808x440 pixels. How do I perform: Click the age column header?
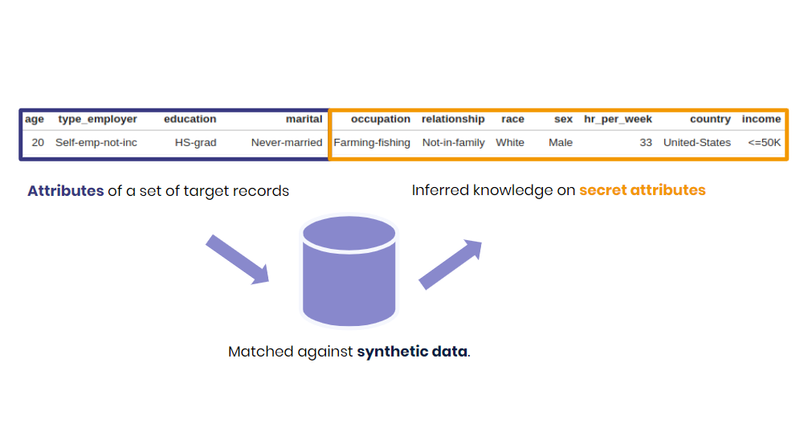[x=35, y=119]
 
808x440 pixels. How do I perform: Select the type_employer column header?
[x=97, y=119]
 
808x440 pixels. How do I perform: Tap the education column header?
[x=190, y=119]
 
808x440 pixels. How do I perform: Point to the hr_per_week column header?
[x=618, y=119]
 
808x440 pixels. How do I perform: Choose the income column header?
[x=761, y=119]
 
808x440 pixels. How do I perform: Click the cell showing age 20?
[x=38, y=142]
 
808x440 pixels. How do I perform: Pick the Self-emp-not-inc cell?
[x=96, y=142]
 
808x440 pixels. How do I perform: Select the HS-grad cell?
[x=195, y=142]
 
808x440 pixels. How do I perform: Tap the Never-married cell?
[x=286, y=142]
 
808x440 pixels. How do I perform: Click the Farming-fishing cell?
[x=372, y=142]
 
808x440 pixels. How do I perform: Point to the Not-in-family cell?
[x=453, y=142]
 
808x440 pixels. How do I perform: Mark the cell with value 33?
[x=646, y=142]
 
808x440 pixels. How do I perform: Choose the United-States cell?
[x=697, y=142]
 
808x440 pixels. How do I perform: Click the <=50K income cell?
[x=764, y=142]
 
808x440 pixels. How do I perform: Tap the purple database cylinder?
[x=349, y=271]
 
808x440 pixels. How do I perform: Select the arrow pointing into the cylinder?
[x=237, y=259]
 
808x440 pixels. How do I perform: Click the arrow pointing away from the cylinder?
[x=451, y=264]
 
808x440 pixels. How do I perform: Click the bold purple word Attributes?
[x=66, y=191]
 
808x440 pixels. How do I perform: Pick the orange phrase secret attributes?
[x=642, y=190]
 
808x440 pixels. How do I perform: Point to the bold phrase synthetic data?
[x=412, y=352]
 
